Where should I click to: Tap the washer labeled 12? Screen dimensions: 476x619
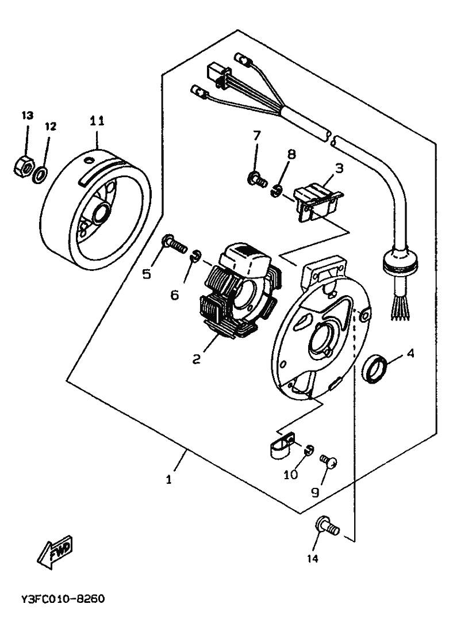pos(40,175)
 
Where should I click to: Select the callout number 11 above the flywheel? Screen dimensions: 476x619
pos(97,121)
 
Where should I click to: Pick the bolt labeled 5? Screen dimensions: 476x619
pos(174,244)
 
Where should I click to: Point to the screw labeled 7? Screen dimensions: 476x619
pos(257,179)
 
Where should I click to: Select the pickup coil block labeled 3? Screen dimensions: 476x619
pos(318,200)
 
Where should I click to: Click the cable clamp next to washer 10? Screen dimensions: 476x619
pos(282,446)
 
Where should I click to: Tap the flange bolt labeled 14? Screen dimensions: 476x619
pos(327,526)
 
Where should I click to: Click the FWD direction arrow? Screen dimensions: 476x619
pos(55,552)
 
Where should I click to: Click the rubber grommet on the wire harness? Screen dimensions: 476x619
pos(400,262)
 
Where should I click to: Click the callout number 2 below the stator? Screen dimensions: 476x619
pos(196,359)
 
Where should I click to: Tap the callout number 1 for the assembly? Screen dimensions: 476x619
pos(169,480)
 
